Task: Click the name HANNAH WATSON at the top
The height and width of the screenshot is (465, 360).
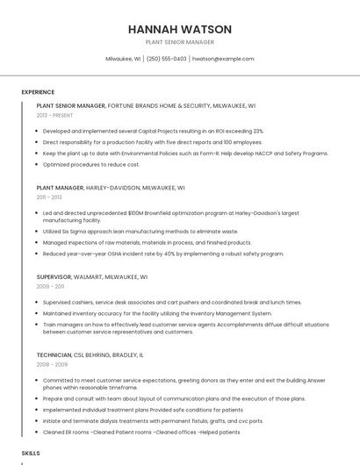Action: [179, 28]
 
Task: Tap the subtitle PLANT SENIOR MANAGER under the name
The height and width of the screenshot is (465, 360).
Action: [179, 42]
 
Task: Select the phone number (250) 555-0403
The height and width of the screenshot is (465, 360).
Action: [166, 59]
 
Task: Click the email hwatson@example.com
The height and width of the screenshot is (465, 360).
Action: [223, 59]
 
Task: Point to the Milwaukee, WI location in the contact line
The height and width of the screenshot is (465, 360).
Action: [123, 59]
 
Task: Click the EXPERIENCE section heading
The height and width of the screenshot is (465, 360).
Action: [38, 91]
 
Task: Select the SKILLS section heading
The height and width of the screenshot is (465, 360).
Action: [31, 453]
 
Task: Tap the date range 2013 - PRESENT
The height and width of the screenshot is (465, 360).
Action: [54, 115]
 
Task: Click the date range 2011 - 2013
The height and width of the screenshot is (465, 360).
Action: [49, 197]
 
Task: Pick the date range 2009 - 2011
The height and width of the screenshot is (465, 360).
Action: [50, 286]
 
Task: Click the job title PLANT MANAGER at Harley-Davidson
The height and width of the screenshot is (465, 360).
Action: [60, 187]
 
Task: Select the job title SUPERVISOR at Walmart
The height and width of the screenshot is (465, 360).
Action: [54, 276]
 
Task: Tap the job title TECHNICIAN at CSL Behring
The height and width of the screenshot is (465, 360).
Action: [55, 354]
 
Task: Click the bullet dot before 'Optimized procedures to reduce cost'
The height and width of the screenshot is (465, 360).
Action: [38, 164]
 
